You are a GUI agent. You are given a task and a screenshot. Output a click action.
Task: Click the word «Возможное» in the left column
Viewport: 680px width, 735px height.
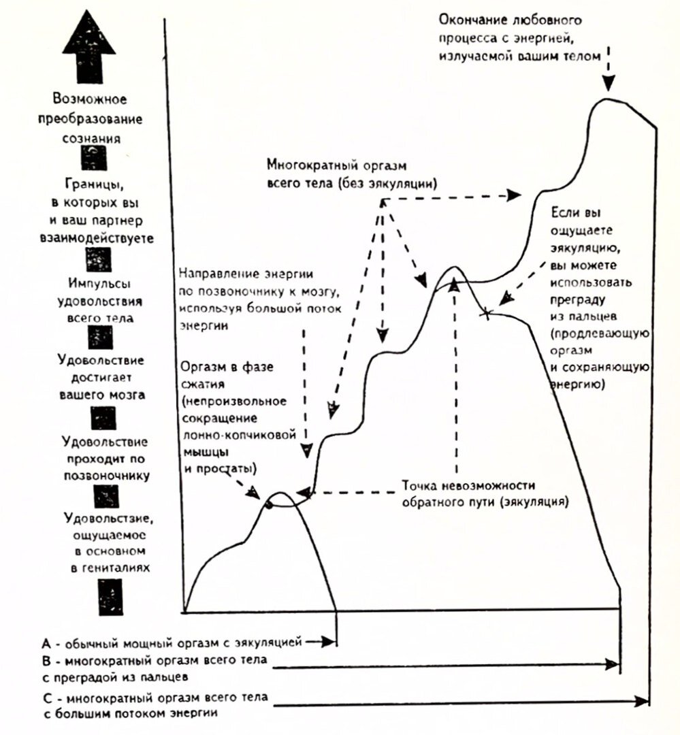(90, 99)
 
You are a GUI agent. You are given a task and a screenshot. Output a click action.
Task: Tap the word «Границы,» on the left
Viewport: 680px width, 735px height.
(95, 184)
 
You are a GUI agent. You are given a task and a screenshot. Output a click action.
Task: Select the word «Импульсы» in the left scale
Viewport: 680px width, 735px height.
(99, 284)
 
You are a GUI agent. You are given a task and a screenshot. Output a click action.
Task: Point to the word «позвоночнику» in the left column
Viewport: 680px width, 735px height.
(107, 476)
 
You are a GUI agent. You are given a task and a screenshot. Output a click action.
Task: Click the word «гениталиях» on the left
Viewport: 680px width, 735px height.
(111, 568)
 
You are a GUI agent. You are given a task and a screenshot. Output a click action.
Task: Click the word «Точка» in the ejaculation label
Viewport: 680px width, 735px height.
(419, 485)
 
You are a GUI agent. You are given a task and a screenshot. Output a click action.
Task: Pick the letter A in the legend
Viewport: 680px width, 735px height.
(46, 642)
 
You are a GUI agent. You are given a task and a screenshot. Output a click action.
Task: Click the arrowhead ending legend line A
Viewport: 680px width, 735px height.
(330, 642)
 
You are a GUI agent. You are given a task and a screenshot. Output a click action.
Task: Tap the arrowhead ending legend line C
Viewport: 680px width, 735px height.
(641, 701)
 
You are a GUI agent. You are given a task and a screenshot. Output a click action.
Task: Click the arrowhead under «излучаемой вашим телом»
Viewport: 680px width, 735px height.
(609, 83)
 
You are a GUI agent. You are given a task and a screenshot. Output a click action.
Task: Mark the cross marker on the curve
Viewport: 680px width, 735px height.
(487, 314)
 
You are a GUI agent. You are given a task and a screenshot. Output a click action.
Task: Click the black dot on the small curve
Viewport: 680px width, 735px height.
(268, 505)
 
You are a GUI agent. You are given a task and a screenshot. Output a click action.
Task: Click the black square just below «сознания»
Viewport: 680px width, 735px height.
(93, 157)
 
